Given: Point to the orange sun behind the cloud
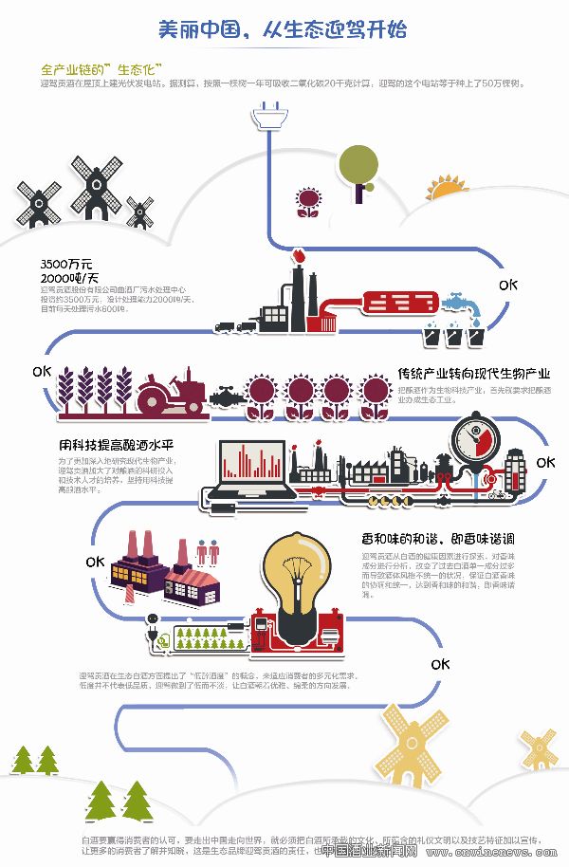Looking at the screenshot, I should point(447,186).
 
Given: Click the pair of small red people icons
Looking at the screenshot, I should point(207,552).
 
